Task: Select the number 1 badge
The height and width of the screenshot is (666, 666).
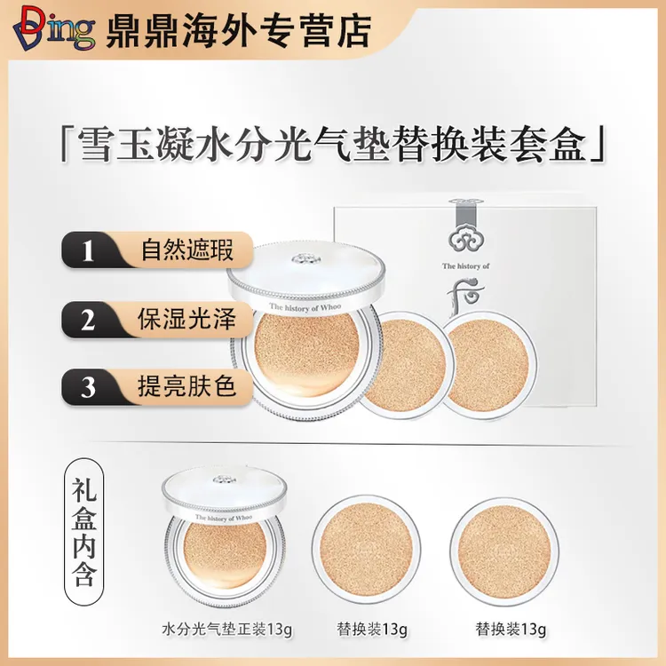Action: [88, 251]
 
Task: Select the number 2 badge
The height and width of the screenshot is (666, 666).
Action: [88, 320]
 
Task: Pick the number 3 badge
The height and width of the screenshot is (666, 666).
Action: [88, 388]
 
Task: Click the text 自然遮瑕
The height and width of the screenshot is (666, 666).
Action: [187, 250]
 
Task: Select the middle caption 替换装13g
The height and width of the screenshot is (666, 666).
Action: [372, 630]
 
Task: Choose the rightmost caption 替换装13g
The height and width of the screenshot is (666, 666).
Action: [509, 630]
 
